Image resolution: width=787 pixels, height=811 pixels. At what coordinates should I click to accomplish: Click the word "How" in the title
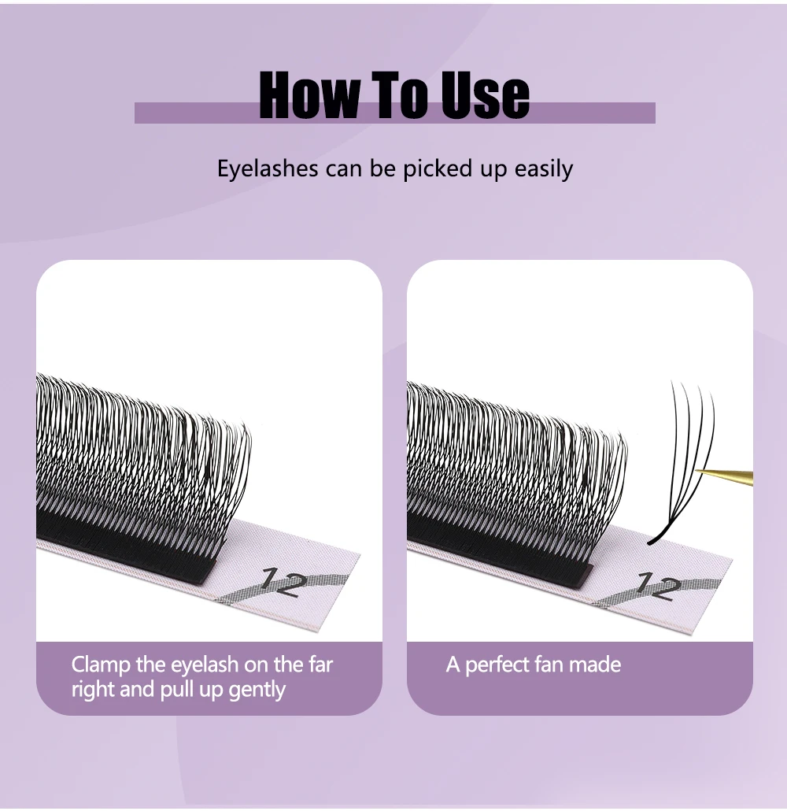pos(309,94)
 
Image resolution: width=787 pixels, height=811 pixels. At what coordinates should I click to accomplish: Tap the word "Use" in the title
pos(485,94)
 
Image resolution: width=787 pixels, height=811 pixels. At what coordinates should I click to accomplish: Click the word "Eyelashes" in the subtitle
pos(268,169)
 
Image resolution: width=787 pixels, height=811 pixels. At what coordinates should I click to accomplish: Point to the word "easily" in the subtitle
pos(544,169)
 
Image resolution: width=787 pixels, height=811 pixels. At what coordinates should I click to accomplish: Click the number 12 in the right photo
pos(656,586)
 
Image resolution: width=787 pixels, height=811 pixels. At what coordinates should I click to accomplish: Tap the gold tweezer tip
pos(696,471)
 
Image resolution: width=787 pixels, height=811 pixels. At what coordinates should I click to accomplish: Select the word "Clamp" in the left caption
pos(100,665)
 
